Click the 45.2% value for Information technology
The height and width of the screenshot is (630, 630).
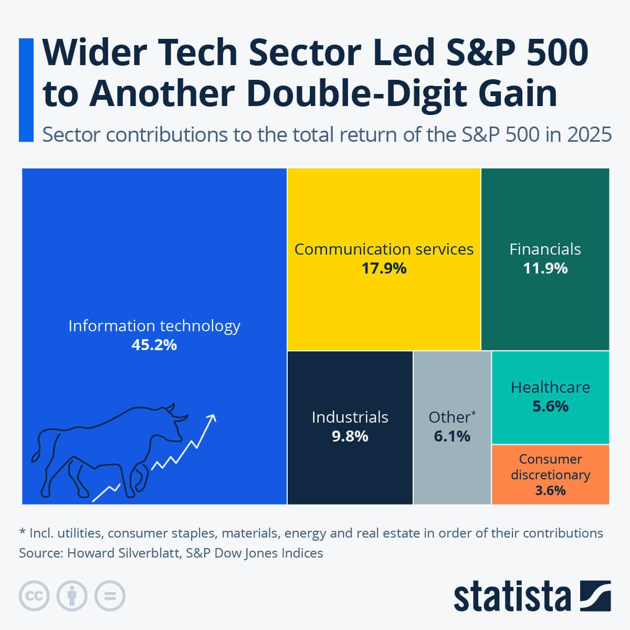click(x=154, y=345)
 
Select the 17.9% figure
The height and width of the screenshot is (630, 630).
click(x=384, y=268)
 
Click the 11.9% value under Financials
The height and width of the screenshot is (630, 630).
click(x=545, y=268)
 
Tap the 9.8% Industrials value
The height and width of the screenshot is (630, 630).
click(x=350, y=436)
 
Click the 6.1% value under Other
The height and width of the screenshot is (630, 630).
click(x=452, y=436)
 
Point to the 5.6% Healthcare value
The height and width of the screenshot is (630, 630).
click(x=550, y=406)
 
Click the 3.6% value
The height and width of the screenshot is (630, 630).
click(x=550, y=490)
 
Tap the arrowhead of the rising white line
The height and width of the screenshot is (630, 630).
click(x=212, y=418)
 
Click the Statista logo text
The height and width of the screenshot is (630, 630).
click(x=512, y=596)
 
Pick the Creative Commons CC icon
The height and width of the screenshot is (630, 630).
click(x=34, y=596)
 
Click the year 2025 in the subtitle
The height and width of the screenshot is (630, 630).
click(x=589, y=135)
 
